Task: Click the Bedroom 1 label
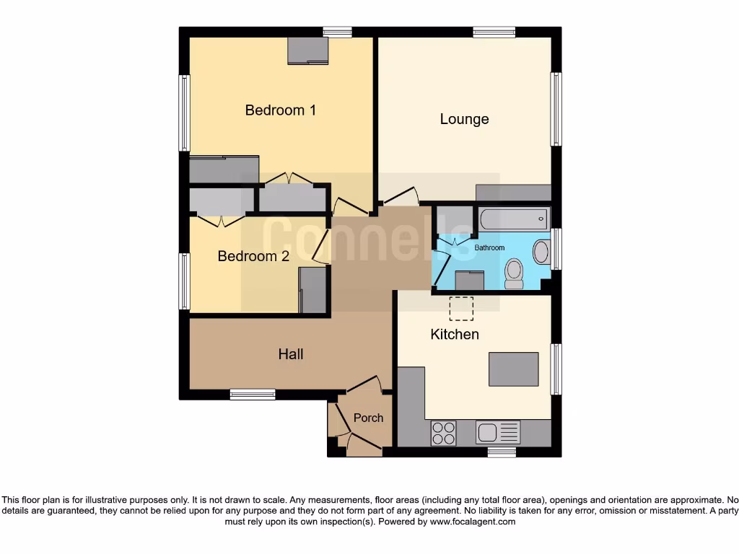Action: click(280, 110)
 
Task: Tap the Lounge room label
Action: click(464, 119)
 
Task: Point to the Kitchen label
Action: click(455, 334)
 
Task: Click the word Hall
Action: click(291, 354)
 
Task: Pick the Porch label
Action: click(368, 418)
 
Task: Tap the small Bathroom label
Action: click(489, 247)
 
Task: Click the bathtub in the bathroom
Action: click(512, 218)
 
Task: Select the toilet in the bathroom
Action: click(514, 273)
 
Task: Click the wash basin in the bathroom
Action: click(541, 252)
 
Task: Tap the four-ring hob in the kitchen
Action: click(443, 433)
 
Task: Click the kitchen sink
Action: click(498, 432)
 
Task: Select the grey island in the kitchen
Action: click(513, 369)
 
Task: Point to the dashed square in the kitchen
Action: click(461, 308)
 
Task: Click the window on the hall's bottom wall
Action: click(253, 394)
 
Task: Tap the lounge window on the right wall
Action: click(556, 109)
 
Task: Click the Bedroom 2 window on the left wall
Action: click(185, 281)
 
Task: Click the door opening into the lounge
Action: click(399, 195)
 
